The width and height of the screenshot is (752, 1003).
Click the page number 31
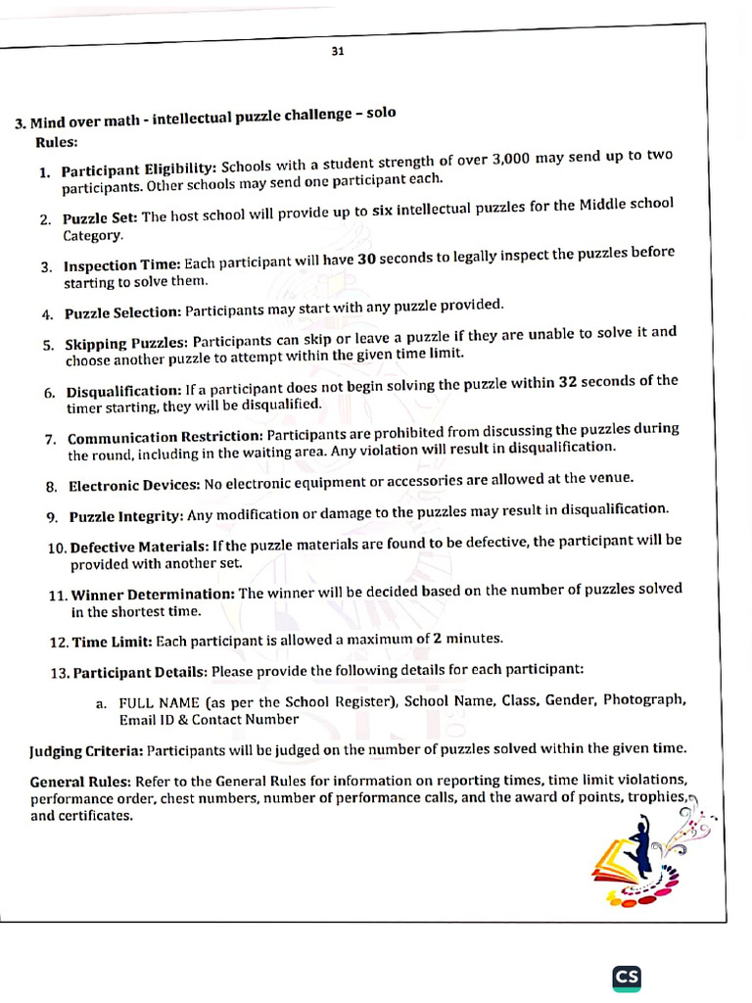(x=337, y=52)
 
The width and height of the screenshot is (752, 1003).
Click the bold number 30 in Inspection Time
(x=366, y=258)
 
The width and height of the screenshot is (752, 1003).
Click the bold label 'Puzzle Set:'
(x=101, y=217)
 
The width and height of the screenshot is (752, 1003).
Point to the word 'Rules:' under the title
(x=56, y=142)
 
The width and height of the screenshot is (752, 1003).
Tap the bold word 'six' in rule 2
(x=385, y=209)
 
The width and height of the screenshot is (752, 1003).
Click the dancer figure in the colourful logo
(x=639, y=850)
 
